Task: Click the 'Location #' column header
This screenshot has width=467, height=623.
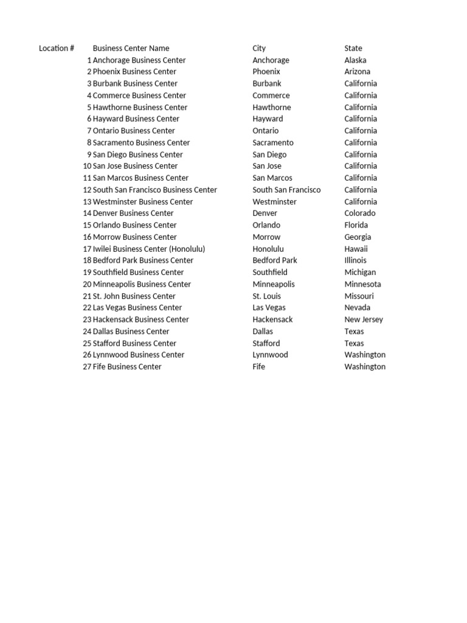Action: (57, 48)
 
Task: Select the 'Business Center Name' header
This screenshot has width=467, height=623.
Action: (131, 48)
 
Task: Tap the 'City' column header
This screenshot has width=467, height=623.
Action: (259, 48)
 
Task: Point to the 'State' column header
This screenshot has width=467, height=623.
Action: (353, 48)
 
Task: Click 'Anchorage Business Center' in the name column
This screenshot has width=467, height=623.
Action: (139, 60)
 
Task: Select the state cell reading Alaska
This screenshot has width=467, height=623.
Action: (355, 60)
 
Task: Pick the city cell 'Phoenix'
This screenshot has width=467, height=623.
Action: (266, 72)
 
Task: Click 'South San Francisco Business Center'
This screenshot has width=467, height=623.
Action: (154, 190)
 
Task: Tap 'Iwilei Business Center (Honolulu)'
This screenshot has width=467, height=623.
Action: (149, 249)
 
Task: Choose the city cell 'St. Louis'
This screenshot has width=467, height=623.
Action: (267, 296)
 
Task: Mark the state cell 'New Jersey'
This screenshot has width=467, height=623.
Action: (364, 319)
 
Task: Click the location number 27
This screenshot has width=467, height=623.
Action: (87, 367)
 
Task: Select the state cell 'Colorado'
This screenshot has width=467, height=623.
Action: (360, 214)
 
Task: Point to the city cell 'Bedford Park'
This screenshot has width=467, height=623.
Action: (275, 260)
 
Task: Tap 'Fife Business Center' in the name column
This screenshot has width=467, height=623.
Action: (127, 367)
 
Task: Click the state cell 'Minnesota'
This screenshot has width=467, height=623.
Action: (362, 284)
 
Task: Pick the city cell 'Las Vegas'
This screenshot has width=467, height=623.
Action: (269, 308)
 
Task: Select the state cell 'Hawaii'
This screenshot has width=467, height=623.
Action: (356, 249)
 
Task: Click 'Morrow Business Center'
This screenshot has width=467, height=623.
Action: (134, 237)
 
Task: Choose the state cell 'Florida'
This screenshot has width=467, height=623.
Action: (356, 225)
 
